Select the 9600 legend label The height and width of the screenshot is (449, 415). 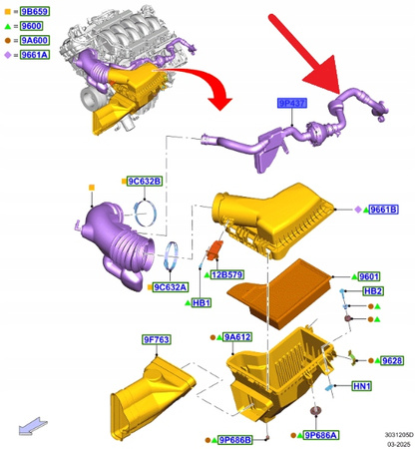point(31,24)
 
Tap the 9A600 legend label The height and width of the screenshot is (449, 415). point(33,39)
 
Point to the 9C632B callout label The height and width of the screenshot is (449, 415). point(144,181)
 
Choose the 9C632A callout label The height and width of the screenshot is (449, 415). point(171,287)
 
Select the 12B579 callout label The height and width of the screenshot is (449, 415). point(228,273)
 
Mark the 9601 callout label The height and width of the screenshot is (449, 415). point(370,276)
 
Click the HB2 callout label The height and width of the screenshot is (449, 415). point(373,290)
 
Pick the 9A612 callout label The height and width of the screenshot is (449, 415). point(237,338)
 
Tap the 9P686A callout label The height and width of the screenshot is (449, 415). point(320,435)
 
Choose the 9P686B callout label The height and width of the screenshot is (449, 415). point(235,439)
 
